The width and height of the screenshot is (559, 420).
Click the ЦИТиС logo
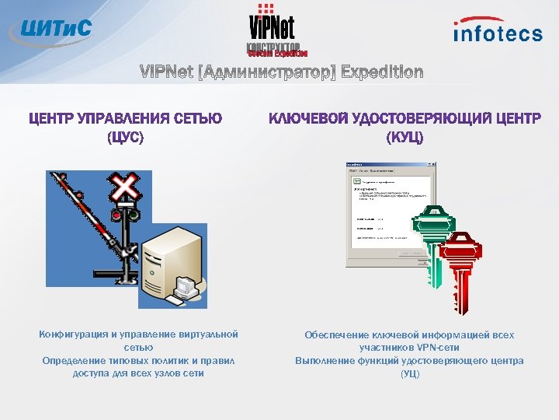tap(50, 30)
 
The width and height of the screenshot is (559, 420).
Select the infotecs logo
tap(498, 30)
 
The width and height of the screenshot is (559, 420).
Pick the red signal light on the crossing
tap(117, 213)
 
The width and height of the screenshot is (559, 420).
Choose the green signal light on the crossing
tap(134, 213)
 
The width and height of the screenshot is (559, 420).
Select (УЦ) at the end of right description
tap(409, 373)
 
